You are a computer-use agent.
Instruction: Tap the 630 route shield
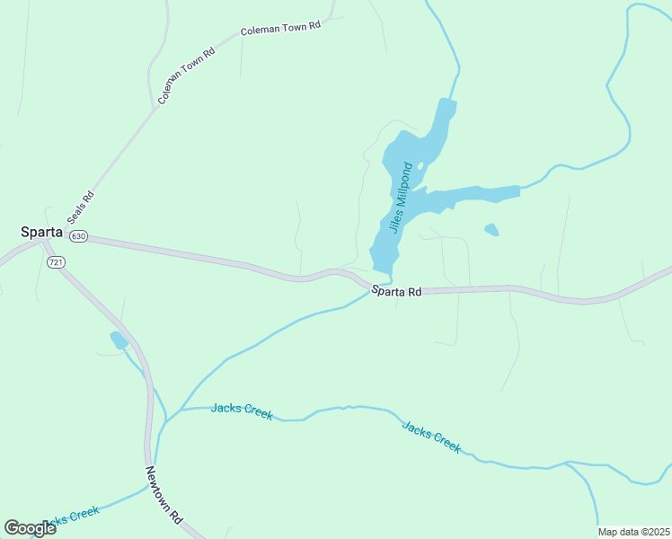point(78,236)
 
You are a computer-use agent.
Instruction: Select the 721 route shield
point(56,261)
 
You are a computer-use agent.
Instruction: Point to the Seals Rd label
point(81,208)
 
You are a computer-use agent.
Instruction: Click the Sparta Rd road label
point(396,291)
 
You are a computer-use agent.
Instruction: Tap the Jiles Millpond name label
point(400,198)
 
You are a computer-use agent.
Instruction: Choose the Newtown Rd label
point(164,495)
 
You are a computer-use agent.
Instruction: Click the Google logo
point(30,528)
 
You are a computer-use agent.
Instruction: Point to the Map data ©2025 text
point(633,532)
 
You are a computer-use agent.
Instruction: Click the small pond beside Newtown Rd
point(119,340)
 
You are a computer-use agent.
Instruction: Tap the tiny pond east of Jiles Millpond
point(491,230)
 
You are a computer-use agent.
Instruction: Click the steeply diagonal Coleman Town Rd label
point(187,75)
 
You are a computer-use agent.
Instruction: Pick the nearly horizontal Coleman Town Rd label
point(280,28)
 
